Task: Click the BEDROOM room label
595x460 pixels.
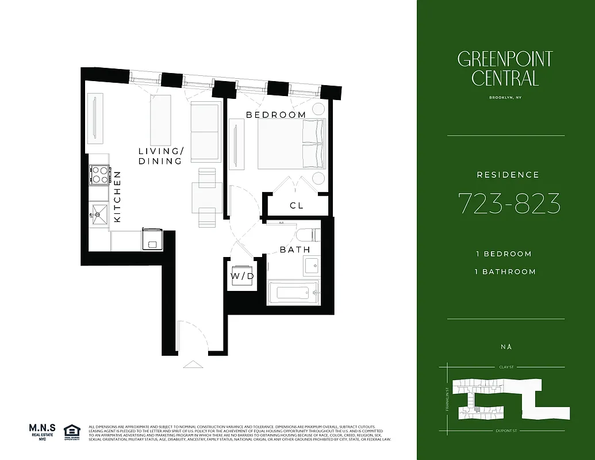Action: [x=276, y=115]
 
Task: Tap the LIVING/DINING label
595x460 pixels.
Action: [x=161, y=156]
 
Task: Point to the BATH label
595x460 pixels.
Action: [x=295, y=250]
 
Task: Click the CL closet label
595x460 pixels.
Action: [x=296, y=205]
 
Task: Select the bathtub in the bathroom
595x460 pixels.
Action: [x=293, y=293]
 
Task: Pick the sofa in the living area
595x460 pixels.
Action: [x=205, y=132]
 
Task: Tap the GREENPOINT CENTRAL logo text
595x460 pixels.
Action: [x=505, y=68]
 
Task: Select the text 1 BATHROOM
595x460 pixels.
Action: [x=506, y=271]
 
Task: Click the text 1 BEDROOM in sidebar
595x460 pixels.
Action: [x=504, y=254]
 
